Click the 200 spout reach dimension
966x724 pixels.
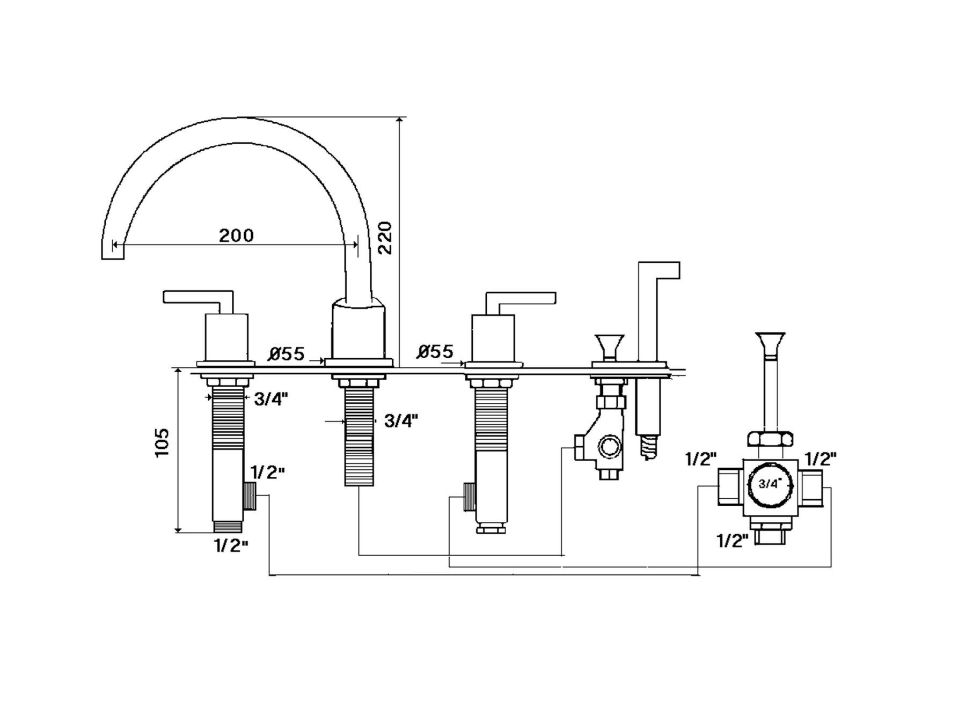(236, 235)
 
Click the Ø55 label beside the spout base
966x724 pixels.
(287, 354)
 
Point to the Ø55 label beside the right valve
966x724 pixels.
(435, 352)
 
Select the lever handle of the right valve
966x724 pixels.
(521, 298)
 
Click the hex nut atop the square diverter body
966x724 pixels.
(770, 439)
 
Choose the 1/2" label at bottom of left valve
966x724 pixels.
(231, 546)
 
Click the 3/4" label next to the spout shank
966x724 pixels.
(401, 421)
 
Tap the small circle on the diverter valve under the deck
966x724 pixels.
(609, 446)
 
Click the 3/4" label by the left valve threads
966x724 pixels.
(271, 399)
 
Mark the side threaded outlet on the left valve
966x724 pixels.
(251, 496)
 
